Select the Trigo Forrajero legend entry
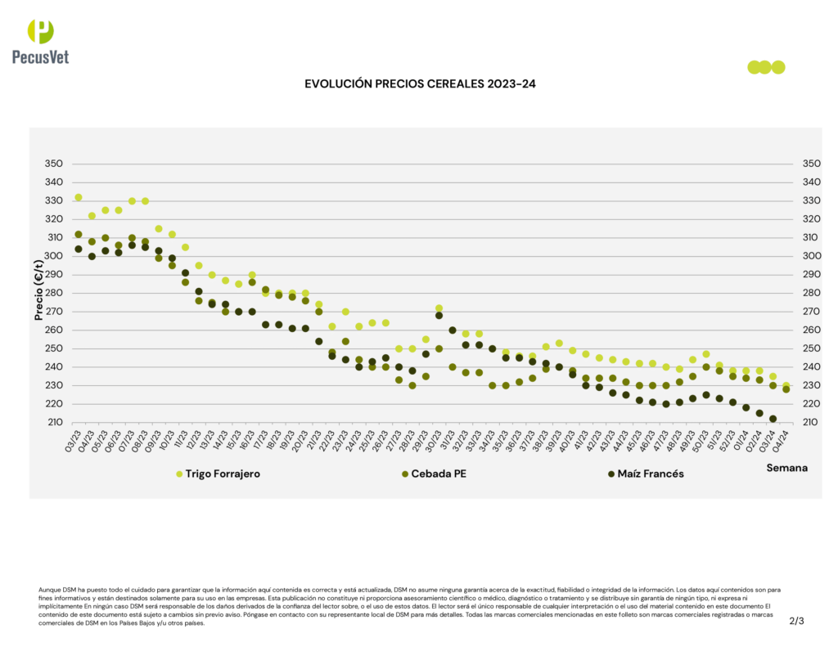pos(217,474)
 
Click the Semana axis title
pos(786,468)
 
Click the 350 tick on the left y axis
pos(53,164)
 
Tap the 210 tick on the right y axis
pos(811,422)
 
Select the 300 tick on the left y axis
pos(53,256)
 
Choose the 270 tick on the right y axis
pos(811,312)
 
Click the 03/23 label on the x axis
pos(73,439)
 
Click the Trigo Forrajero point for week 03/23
pos(79,197)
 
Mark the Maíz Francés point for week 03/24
pos(773,419)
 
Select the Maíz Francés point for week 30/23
pos(439,315)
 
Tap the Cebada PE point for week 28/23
pos(412,385)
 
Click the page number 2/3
pos(796,621)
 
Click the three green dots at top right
pos(766,67)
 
